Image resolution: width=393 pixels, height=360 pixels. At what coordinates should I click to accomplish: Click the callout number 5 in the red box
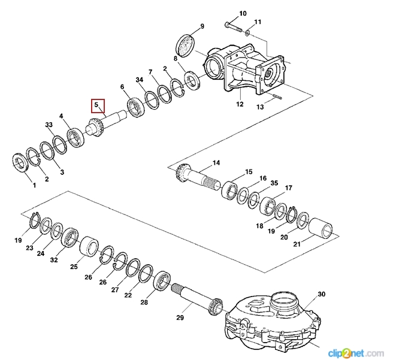point(96,105)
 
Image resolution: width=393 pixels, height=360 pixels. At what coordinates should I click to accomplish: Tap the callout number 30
point(321,294)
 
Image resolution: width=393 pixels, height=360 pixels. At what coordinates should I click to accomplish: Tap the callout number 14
point(216,162)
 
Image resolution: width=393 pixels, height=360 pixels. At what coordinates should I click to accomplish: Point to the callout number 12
point(240,104)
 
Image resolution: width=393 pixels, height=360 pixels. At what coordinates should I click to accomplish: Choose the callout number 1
point(34,185)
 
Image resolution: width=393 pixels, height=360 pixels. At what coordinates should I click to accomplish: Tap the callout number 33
point(50,125)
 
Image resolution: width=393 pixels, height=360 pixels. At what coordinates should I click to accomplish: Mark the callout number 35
point(274,183)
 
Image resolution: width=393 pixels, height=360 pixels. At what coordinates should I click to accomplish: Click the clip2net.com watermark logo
point(356,352)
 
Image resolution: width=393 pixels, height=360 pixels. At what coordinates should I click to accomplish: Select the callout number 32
point(54,260)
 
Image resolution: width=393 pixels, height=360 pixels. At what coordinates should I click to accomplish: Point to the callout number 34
point(140,80)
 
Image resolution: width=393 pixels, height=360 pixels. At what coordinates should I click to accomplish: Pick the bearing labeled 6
point(135,108)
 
